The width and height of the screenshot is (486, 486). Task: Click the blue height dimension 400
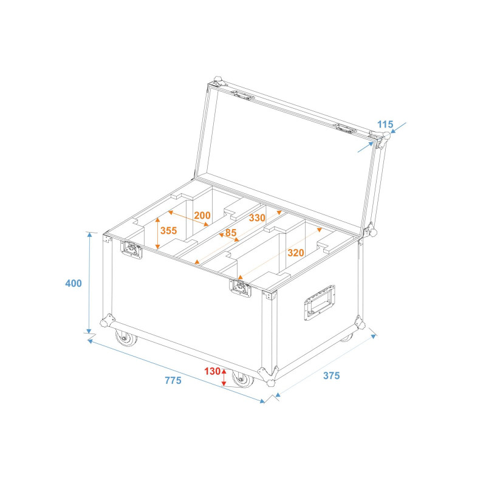(74, 283)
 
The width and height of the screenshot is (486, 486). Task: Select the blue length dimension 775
(173, 380)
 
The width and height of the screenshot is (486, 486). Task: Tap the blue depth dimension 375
(332, 375)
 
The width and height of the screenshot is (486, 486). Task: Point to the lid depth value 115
(385, 125)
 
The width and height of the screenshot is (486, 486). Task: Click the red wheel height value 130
(212, 371)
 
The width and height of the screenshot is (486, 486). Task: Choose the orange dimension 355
(169, 231)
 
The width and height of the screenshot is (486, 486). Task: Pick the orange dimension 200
(202, 215)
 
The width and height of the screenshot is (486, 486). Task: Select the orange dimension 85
(231, 233)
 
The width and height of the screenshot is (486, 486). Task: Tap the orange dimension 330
(257, 218)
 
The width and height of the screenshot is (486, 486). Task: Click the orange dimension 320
(296, 253)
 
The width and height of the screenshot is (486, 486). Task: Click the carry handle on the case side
(320, 303)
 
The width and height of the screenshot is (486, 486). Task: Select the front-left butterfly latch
(131, 250)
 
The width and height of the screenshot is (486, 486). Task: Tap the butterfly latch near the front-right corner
(241, 287)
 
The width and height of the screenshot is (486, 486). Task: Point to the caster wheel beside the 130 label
(243, 378)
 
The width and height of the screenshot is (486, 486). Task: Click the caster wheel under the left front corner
(126, 338)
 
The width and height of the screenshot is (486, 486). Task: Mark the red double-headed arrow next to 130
(224, 377)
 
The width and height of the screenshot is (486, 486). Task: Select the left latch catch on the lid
(244, 95)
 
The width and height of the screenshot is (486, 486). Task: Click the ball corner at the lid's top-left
(217, 81)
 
